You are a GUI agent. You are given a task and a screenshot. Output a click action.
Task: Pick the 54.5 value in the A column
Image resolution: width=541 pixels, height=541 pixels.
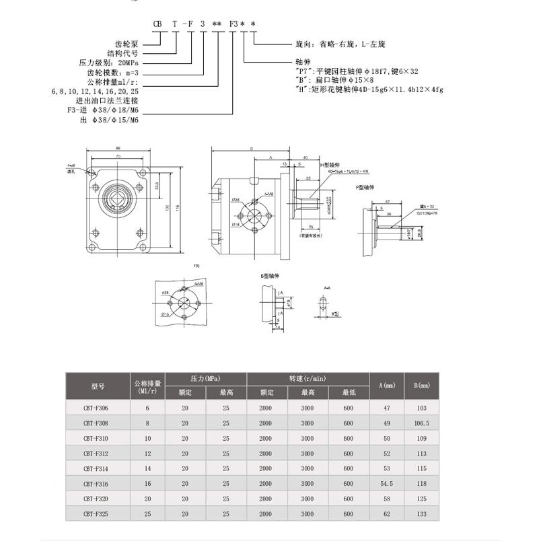click(x=387, y=483)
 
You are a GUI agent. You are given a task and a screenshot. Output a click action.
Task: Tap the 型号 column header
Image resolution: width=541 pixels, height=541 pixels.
click(x=98, y=386)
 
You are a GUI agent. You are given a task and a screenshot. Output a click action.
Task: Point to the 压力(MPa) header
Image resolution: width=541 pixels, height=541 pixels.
click(x=206, y=378)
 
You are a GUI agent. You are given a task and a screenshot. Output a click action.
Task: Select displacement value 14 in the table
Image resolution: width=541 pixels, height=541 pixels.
click(x=147, y=468)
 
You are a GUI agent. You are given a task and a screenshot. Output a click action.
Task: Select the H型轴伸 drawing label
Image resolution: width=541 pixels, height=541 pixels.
click(x=332, y=164)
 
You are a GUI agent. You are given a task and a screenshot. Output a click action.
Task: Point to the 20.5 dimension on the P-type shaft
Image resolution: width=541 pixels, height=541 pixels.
click(x=419, y=233)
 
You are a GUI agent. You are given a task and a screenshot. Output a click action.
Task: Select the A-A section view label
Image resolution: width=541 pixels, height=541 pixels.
click(x=326, y=287)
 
